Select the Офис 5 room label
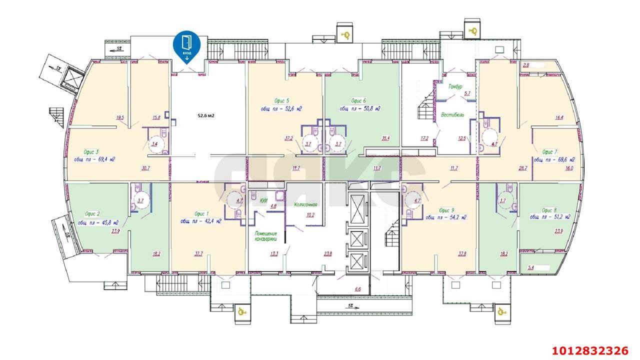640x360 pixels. coord(282,100)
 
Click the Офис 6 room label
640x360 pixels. coord(360,100)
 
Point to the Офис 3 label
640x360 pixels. coord(90,151)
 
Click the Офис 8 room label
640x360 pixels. coord(549,210)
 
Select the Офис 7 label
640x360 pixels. coord(549,151)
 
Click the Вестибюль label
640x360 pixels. coord(452,114)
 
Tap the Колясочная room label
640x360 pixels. coord(306,204)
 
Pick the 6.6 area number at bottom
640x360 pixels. coord(357,289)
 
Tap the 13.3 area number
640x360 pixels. coord(274,253)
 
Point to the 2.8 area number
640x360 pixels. coord(526,65)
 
